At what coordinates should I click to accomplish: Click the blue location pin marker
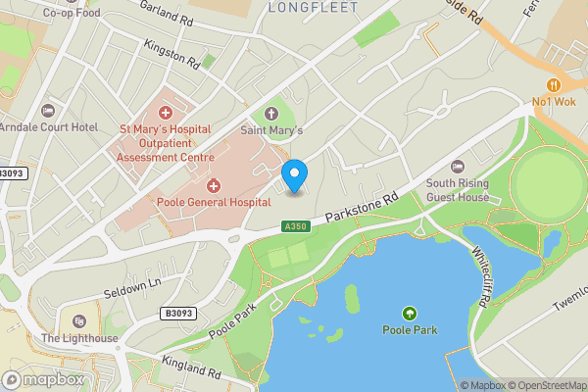294,175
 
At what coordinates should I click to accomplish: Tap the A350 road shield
295,226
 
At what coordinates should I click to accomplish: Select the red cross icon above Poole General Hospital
213,185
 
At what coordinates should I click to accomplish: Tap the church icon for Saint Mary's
271,114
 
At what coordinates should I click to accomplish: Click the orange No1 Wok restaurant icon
556,85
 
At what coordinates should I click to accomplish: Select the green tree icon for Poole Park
409,313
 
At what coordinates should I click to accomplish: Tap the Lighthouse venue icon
79,322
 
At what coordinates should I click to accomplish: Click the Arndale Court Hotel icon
49,112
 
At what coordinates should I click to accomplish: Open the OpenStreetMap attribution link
544,385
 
